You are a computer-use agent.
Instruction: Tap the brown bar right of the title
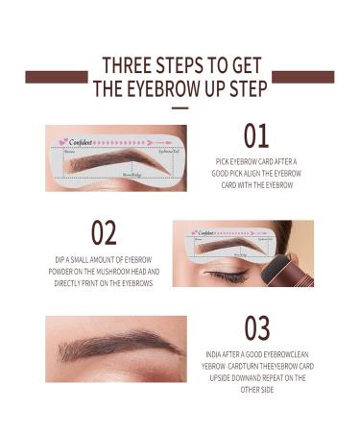(x=303, y=77)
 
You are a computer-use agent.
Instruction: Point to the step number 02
(x=104, y=233)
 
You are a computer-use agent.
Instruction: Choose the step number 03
(x=257, y=329)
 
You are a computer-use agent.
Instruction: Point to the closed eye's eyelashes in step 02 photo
(x=227, y=277)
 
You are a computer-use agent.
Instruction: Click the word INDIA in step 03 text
(x=217, y=354)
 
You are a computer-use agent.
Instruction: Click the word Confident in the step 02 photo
(x=207, y=232)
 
